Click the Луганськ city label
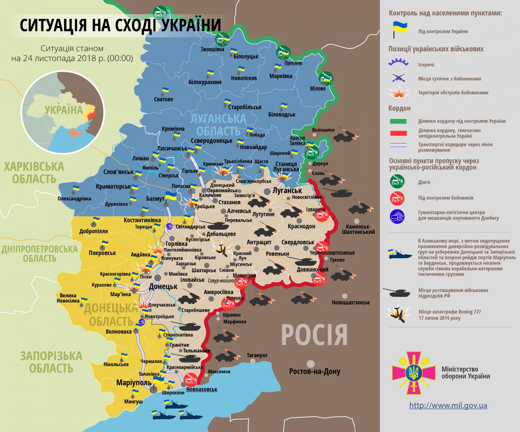(x=287, y=191)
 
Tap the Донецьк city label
(x=163, y=287)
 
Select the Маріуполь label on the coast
(x=134, y=383)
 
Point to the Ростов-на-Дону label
(x=315, y=371)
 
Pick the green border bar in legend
(x=398, y=121)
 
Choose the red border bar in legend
(x=398, y=133)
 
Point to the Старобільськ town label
(x=245, y=107)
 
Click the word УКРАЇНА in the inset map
(x=64, y=110)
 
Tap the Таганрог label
(x=257, y=355)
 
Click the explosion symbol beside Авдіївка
(x=157, y=250)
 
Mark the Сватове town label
(x=163, y=99)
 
